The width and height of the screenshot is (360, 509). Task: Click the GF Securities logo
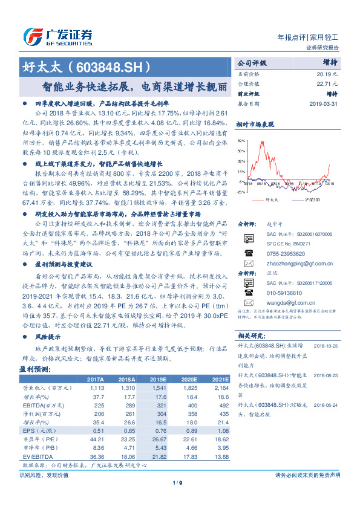click(x=58, y=36)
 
